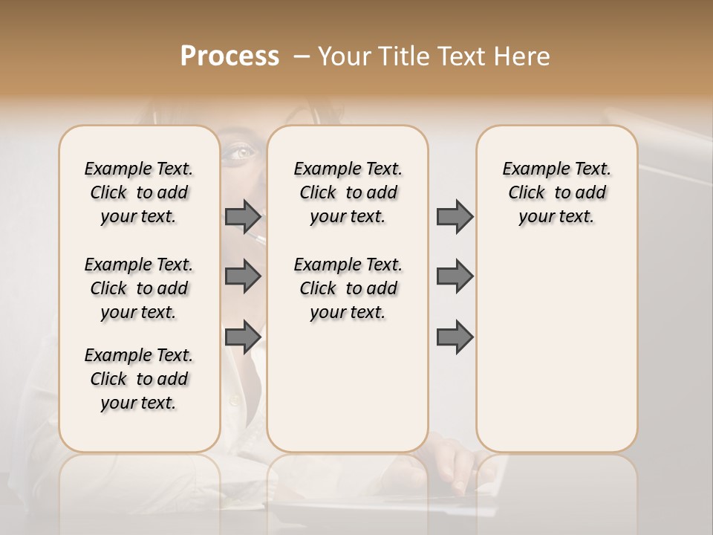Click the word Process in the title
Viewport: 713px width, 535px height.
[229, 56]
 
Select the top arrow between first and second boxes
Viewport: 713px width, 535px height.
[243, 216]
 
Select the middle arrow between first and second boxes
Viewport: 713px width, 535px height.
[243, 276]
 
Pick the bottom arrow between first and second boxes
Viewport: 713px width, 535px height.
[243, 337]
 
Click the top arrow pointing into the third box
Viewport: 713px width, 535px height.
[455, 216]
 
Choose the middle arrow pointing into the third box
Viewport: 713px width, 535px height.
[455, 276]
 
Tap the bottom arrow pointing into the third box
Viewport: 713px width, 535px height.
[455, 337]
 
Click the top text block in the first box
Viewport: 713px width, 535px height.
[139, 192]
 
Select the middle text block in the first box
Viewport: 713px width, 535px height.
[139, 288]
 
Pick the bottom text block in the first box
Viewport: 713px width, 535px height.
[139, 379]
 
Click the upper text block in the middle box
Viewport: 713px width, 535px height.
[348, 192]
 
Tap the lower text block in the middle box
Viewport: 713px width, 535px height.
[348, 288]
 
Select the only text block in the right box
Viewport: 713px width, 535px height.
[556, 192]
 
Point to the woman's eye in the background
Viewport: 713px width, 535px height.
[241, 152]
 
